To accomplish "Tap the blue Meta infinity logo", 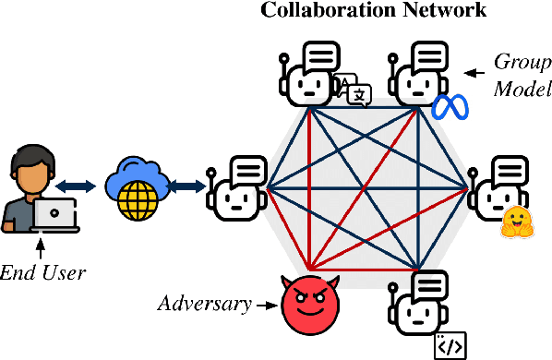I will coord(450,107).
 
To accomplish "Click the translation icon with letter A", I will coord(355,90).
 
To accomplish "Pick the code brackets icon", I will coord(450,344).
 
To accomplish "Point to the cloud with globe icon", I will coord(136,187).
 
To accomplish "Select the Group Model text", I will coord(520,78).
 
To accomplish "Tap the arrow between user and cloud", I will coord(84,187).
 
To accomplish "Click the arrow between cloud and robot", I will coord(188,187).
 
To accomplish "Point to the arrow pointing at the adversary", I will coord(267,303).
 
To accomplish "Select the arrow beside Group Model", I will coord(476,70).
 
